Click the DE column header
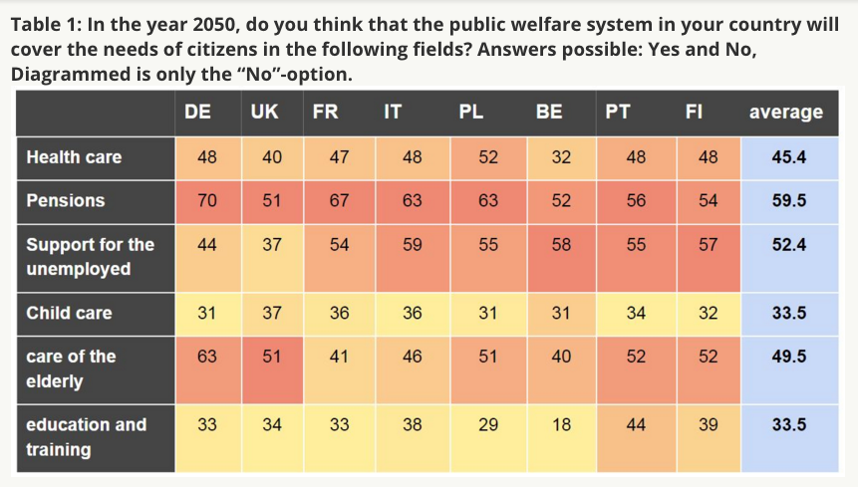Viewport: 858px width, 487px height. point(197,112)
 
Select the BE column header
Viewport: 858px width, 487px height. point(549,112)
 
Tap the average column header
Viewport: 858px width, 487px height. point(785,112)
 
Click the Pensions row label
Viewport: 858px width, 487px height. point(66,200)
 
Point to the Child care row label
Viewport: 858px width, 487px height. point(69,313)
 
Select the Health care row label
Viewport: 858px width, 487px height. point(74,156)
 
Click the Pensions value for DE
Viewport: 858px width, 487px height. point(207,200)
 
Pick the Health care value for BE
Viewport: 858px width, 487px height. point(561,156)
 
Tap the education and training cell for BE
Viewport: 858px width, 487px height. point(561,425)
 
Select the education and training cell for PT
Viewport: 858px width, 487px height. point(636,425)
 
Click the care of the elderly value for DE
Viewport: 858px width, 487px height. point(207,357)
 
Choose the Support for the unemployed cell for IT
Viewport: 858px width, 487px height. point(413,244)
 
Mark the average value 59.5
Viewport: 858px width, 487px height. point(789,200)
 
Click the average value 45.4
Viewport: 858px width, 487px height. point(789,156)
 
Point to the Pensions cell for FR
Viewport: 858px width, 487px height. point(339,200)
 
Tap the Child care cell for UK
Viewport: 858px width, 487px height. point(272,313)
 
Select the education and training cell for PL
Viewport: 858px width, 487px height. point(487,425)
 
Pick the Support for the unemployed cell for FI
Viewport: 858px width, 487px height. point(708,244)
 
